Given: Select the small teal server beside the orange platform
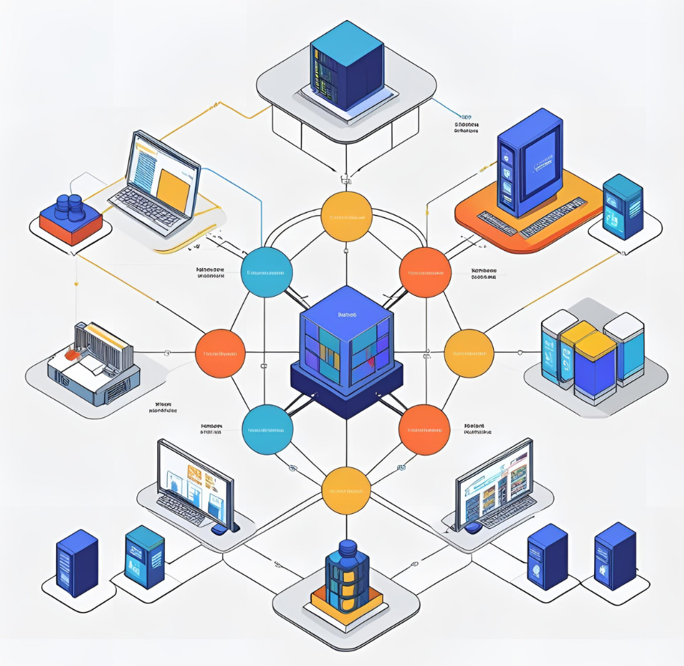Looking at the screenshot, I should click(623, 206).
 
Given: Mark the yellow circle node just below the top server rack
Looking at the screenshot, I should click(346, 217).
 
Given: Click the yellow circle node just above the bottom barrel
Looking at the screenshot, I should click(346, 491).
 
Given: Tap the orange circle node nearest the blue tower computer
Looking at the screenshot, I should click(425, 273).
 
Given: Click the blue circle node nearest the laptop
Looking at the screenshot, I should click(267, 273).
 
